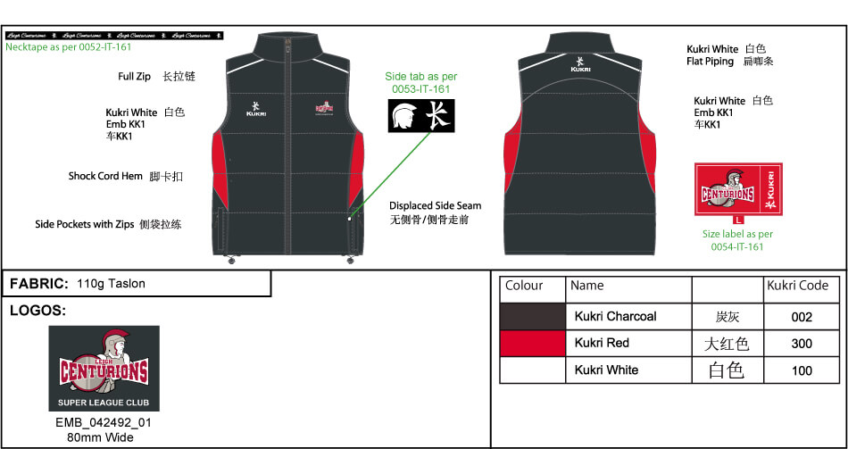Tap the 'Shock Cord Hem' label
105,177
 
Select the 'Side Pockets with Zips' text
85,225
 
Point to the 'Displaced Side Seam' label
435,206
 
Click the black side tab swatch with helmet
419,116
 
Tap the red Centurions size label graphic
737,189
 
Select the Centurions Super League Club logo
104,368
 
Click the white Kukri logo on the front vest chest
258,110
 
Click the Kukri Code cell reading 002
802,317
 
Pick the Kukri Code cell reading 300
802,344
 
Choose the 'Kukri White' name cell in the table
607,370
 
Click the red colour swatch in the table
532,344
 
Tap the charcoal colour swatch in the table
532,317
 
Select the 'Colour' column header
524,287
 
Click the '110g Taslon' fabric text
112,284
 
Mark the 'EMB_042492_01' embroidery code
104,423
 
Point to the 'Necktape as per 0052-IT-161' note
68,47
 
